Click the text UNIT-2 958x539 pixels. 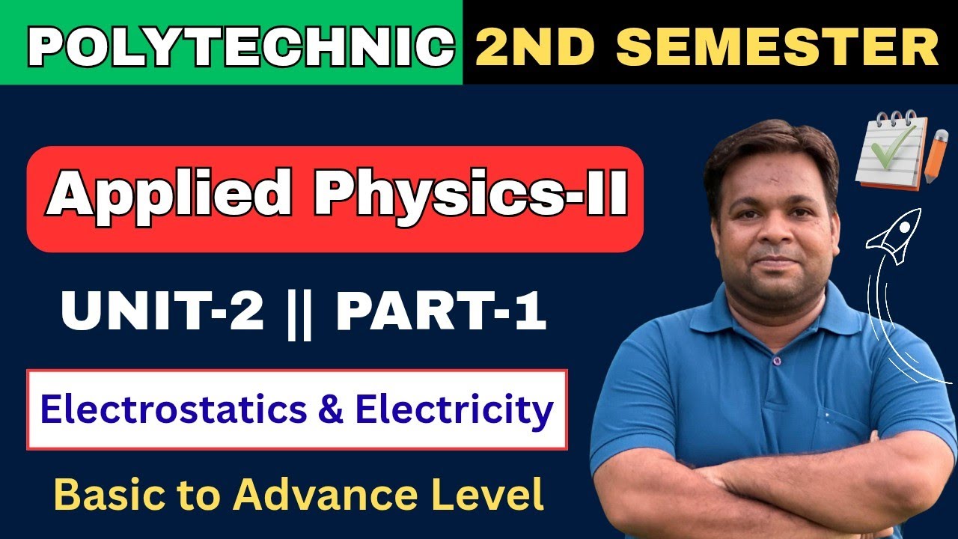tap(162, 313)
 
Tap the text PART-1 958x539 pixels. tap(442, 313)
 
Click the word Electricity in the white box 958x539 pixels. tap(454, 409)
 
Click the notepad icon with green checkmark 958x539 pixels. tap(888, 150)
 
